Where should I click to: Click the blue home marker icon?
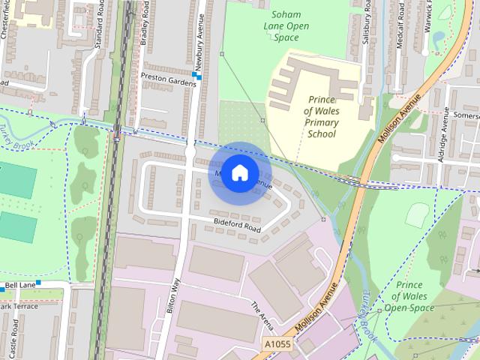click(238, 172)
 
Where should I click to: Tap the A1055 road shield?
click(277, 343)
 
